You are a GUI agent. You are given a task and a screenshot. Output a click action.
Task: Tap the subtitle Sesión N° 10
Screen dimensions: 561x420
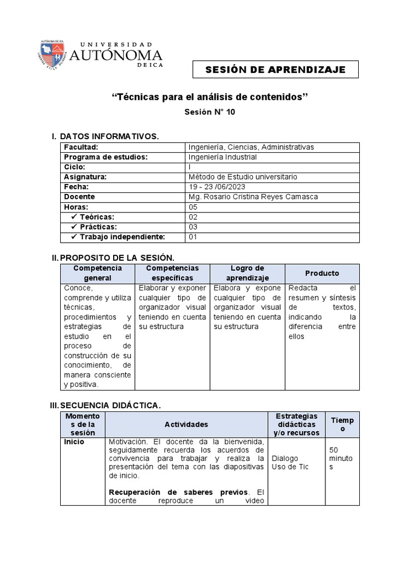point(210,112)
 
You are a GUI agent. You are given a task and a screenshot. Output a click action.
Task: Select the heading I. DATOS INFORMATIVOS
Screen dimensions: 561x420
point(105,136)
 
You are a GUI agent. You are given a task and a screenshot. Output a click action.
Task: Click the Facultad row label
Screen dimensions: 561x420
point(81,147)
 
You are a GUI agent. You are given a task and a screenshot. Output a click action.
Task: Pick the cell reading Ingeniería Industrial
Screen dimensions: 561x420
point(222,157)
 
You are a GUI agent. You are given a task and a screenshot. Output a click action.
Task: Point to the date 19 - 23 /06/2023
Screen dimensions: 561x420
point(216,187)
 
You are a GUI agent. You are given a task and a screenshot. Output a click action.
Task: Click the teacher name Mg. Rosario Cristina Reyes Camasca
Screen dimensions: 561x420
point(253,197)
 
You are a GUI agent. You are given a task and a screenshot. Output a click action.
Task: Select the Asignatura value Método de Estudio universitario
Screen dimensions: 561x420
point(242,177)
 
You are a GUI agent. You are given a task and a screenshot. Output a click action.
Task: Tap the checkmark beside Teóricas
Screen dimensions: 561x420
point(74,217)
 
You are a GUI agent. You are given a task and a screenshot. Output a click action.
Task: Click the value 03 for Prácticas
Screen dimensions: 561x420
point(192,227)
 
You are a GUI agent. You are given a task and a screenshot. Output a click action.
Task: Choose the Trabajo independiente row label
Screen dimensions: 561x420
point(122,237)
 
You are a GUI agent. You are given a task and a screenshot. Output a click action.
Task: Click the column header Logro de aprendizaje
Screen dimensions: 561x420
point(247,273)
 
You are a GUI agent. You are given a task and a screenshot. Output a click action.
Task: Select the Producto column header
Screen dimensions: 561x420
point(322,273)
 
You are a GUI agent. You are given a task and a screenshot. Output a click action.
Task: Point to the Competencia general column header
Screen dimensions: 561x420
point(97,273)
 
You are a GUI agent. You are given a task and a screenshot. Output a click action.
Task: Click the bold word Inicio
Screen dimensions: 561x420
point(74,442)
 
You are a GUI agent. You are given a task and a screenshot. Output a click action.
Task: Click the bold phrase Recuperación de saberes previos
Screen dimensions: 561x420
point(178,492)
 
